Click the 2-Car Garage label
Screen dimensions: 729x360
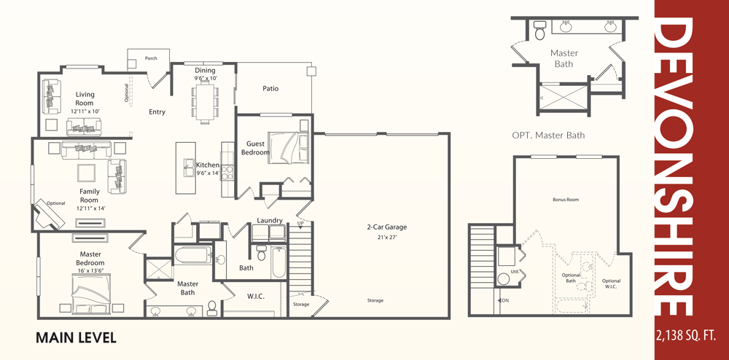(x=387, y=227)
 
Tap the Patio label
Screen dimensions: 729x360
(x=270, y=88)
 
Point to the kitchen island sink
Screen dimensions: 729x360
(x=190, y=168)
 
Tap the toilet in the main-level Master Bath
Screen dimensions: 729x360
(x=212, y=308)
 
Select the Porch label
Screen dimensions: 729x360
(x=151, y=58)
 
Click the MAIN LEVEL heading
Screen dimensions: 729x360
(x=76, y=337)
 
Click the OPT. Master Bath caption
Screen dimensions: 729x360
(x=548, y=136)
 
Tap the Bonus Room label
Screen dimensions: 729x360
(x=566, y=200)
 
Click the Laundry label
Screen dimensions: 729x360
(x=270, y=220)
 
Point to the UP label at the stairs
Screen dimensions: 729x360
(x=300, y=224)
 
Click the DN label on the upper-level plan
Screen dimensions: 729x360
(x=506, y=300)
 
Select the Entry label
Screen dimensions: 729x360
(x=157, y=112)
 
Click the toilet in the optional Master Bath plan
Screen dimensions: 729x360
(x=539, y=31)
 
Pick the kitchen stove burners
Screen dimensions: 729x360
(x=227, y=173)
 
